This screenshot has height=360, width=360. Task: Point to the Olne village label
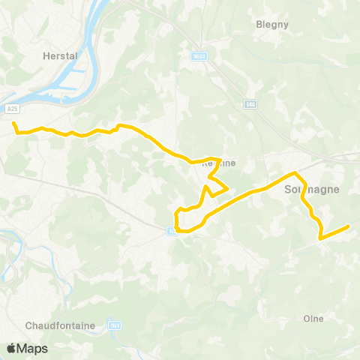click(313, 318)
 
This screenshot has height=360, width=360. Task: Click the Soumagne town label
click(312, 190)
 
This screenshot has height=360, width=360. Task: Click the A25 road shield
click(13, 109)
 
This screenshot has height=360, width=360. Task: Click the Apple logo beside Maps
click(12, 348)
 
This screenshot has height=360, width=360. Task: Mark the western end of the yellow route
click(13, 122)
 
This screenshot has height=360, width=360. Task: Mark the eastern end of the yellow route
click(349, 226)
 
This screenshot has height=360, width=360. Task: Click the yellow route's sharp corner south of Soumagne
click(320, 238)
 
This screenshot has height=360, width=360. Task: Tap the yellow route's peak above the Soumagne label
click(294, 173)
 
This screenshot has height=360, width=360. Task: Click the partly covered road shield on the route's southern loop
click(172, 231)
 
